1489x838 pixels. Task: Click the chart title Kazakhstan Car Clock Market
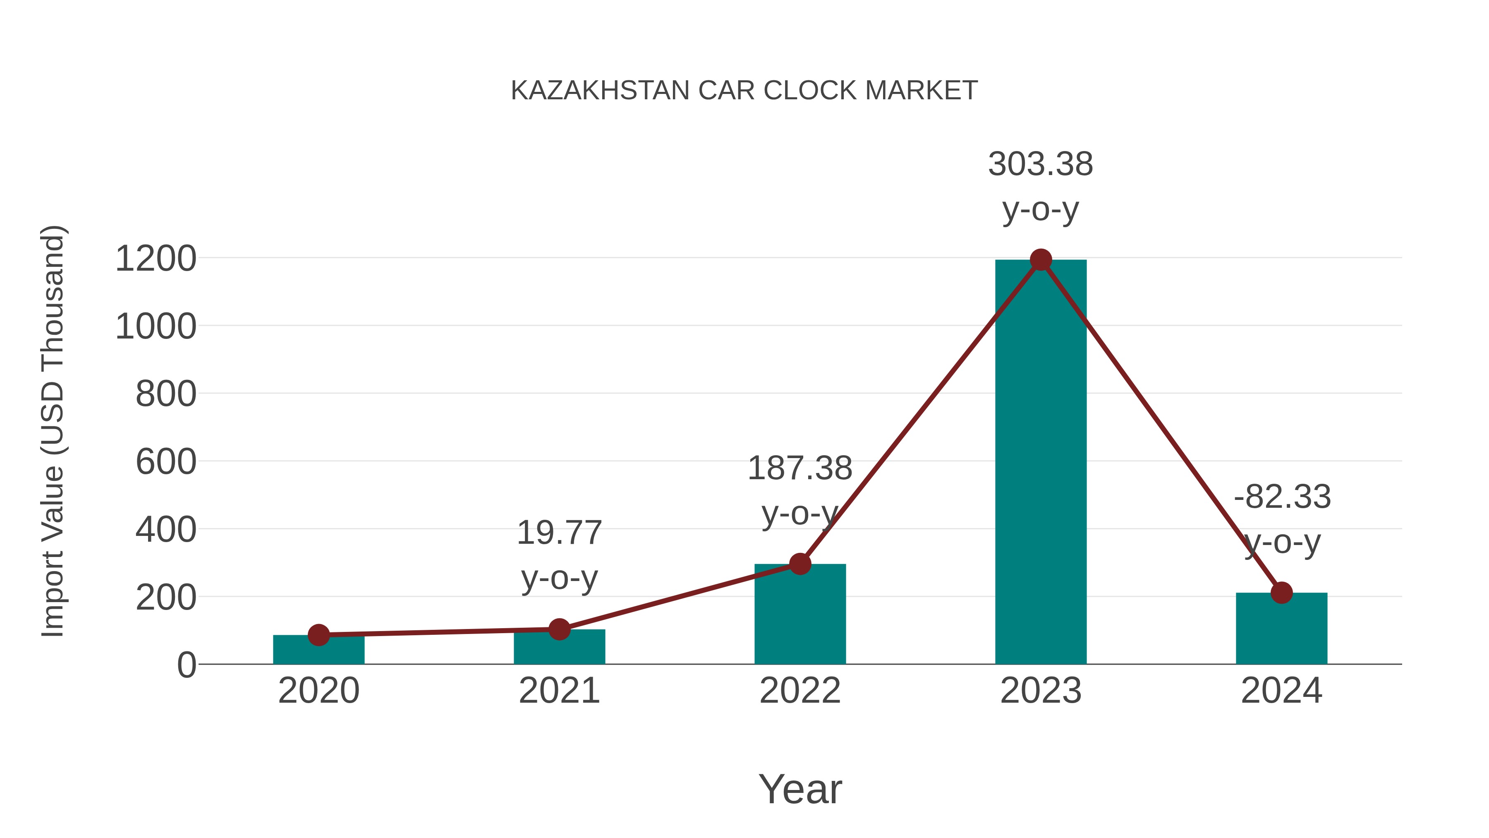744,90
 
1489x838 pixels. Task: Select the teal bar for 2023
1041,463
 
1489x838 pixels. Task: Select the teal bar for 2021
559,648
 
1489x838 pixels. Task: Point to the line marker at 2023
1041,259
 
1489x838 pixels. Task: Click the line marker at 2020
318,635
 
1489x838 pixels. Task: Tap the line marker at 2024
1281,593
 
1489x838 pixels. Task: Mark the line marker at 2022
800,564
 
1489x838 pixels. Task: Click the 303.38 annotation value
1041,164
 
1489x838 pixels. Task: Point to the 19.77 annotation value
559,533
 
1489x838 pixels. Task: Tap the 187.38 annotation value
800,468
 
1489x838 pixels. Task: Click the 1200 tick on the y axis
156,259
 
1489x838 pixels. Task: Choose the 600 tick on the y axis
166,462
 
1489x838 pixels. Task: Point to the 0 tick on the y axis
186,665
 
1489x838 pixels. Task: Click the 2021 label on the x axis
559,691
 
